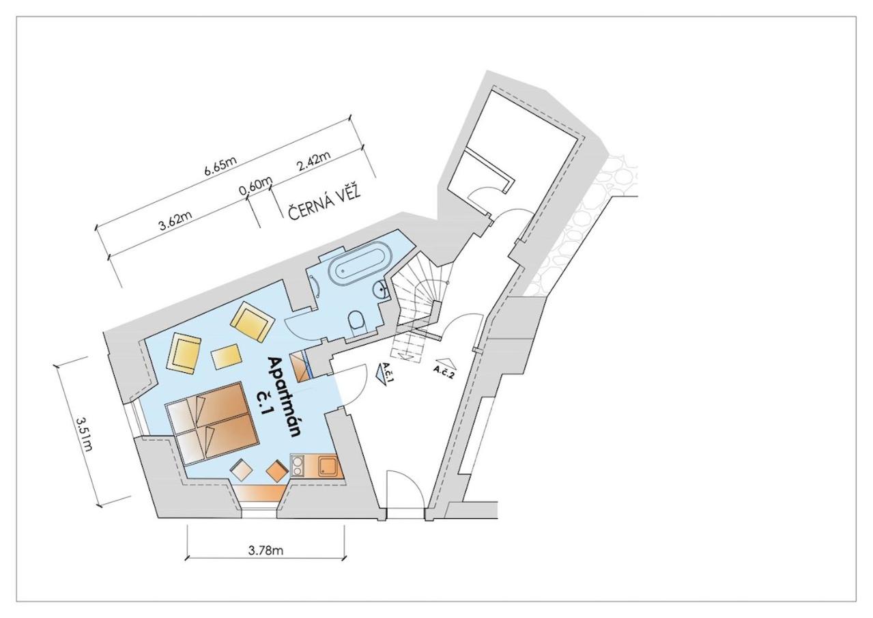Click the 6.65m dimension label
click(x=220, y=167)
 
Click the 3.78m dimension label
click(x=266, y=550)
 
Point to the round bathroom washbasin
click(x=380, y=290)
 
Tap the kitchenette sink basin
click(x=328, y=466)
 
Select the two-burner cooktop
click(x=298, y=466)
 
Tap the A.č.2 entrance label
click(x=444, y=371)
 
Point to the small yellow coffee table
click(x=226, y=356)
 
